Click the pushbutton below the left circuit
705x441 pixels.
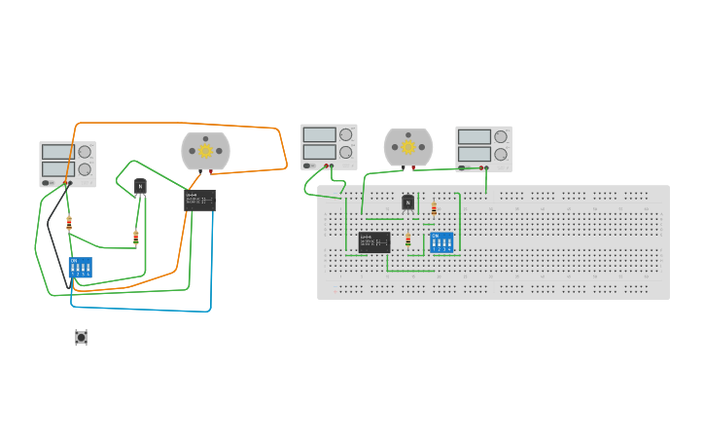coord(81,337)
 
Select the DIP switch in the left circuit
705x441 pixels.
coord(81,267)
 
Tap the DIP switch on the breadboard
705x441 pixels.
coord(441,241)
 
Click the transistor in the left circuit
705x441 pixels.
coord(140,187)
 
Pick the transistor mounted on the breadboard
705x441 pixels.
coord(408,202)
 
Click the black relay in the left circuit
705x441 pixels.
coord(199,201)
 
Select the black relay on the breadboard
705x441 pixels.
coord(373,241)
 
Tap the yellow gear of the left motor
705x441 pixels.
coord(205,151)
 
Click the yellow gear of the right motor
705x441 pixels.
coord(408,147)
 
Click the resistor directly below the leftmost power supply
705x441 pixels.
coord(69,222)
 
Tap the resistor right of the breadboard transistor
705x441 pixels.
coord(434,208)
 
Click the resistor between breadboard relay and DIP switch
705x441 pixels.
coord(407,239)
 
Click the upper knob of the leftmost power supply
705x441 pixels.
coord(85,151)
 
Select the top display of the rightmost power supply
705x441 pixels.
coord(474,136)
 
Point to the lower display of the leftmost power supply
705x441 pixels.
coord(57,168)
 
